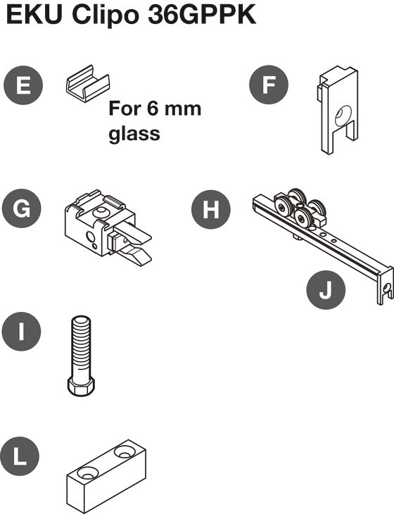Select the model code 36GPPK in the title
[x=203, y=15]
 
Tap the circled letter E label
[x=23, y=87]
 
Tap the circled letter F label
[x=269, y=87]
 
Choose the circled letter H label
[x=211, y=209]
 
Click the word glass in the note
[x=134, y=133]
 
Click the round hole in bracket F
[x=343, y=115]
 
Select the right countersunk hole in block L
[x=126, y=451]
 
